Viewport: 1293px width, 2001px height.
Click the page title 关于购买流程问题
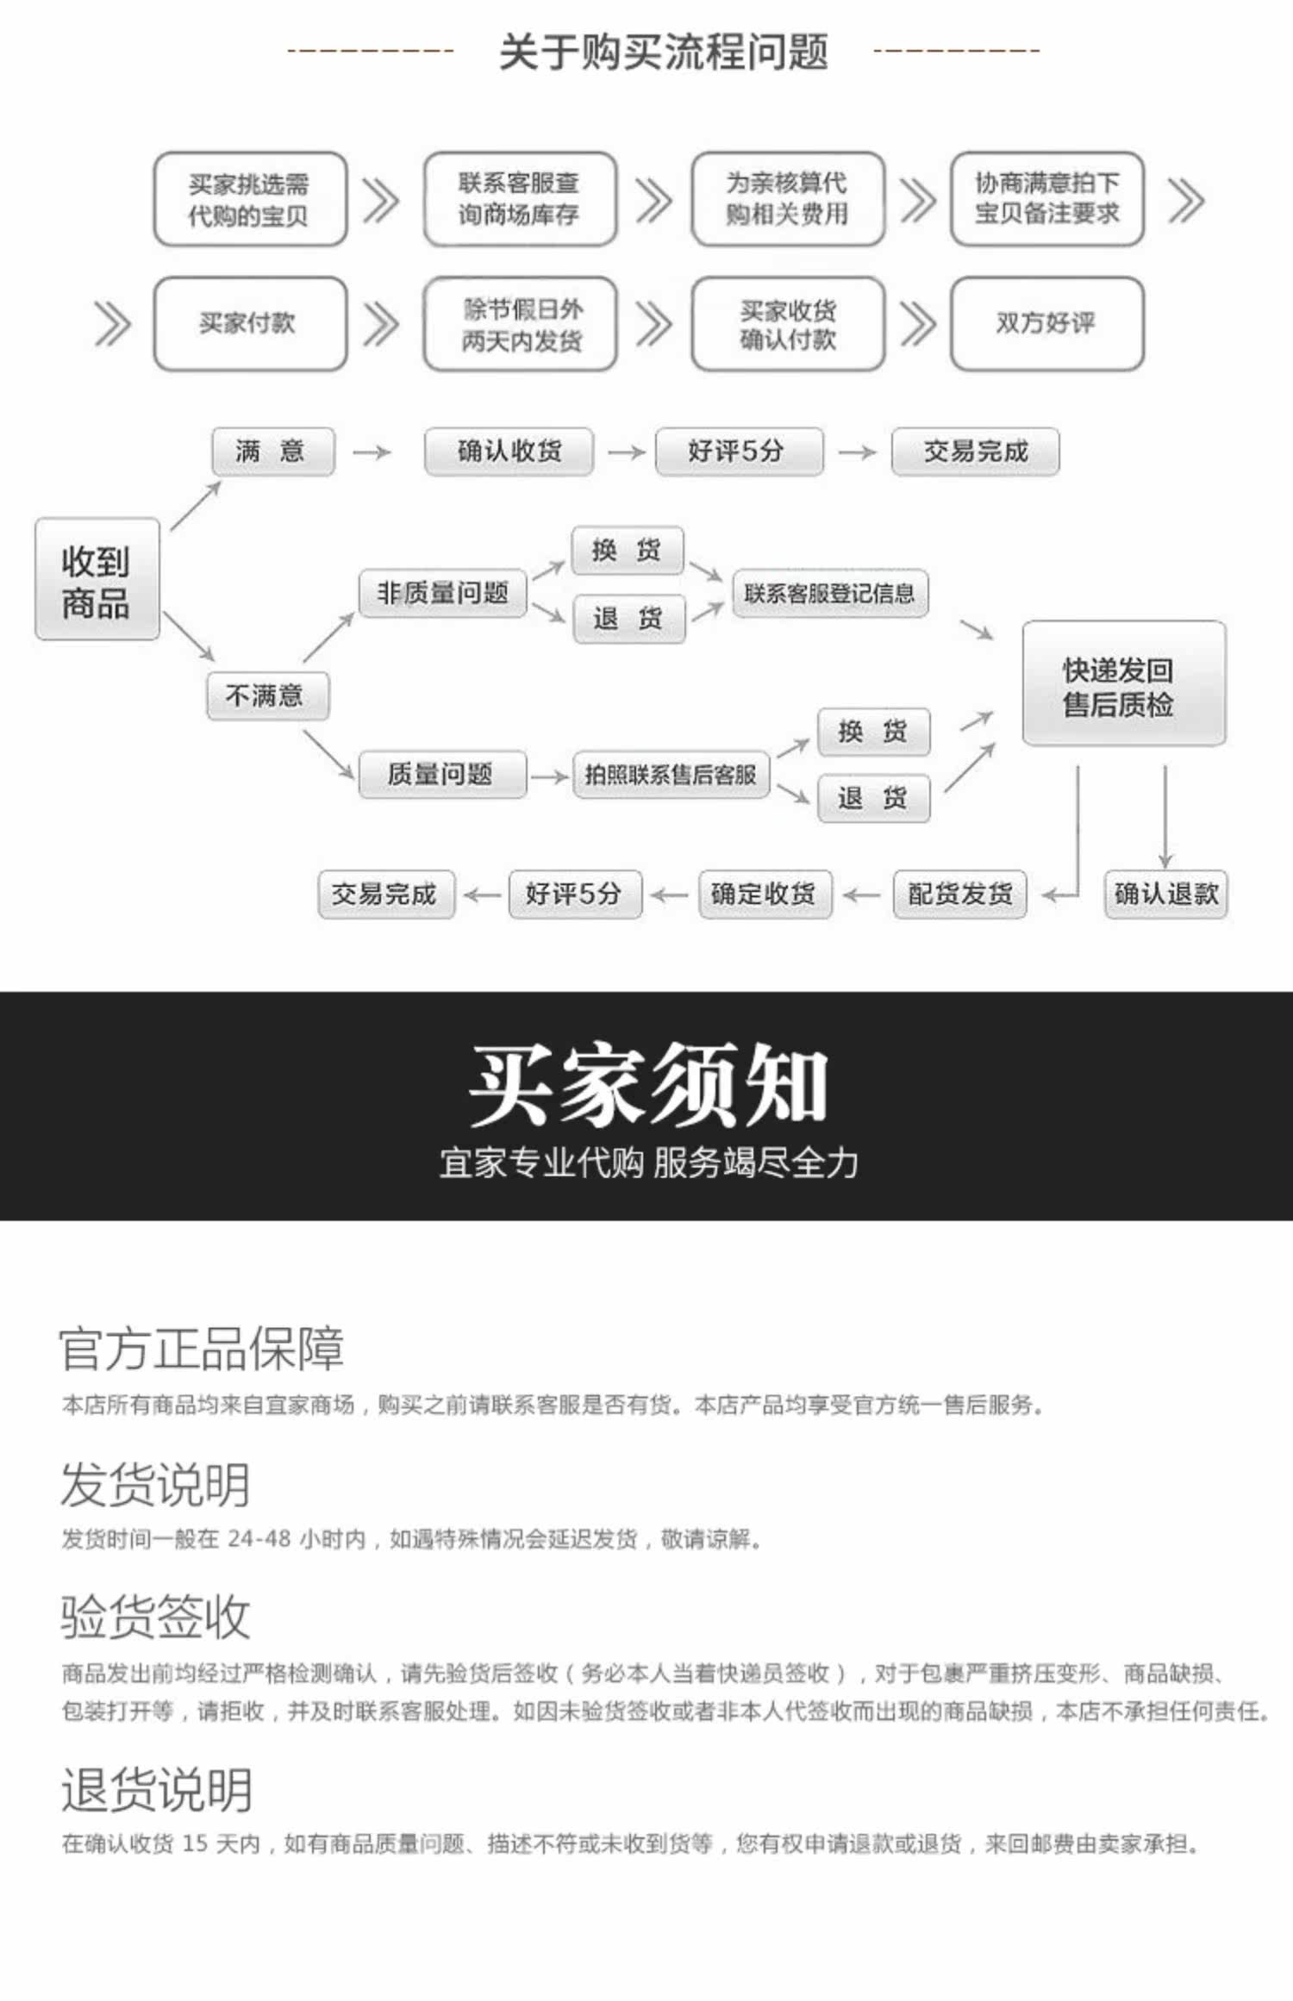coord(663,52)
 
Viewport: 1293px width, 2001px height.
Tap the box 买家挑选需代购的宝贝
coord(250,199)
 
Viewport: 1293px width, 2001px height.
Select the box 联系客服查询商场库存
coord(520,199)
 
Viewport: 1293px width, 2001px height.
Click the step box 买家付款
coord(250,323)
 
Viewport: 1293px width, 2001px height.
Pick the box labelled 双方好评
coord(1046,323)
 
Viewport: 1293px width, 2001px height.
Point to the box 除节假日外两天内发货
coord(520,324)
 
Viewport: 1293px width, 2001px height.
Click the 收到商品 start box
coord(97,579)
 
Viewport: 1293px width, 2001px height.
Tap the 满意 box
coord(272,451)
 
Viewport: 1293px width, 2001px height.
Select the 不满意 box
coord(267,695)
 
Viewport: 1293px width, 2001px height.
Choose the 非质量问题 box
coord(442,593)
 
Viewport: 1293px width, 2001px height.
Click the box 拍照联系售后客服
coord(671,774)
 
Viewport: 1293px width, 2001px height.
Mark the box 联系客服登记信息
coord(829,593)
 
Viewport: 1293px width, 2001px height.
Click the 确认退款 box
coord(1165,894)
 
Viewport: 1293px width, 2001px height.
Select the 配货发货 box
coord(959,894)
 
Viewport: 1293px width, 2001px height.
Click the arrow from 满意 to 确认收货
coord(372,452)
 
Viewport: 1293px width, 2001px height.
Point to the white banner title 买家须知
coord(647,1084)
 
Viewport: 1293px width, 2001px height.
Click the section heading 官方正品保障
coord(202,1349)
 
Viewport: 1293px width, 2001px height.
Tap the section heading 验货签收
coord(155,1616)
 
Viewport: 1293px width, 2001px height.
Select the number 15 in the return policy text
coord(195,1843)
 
